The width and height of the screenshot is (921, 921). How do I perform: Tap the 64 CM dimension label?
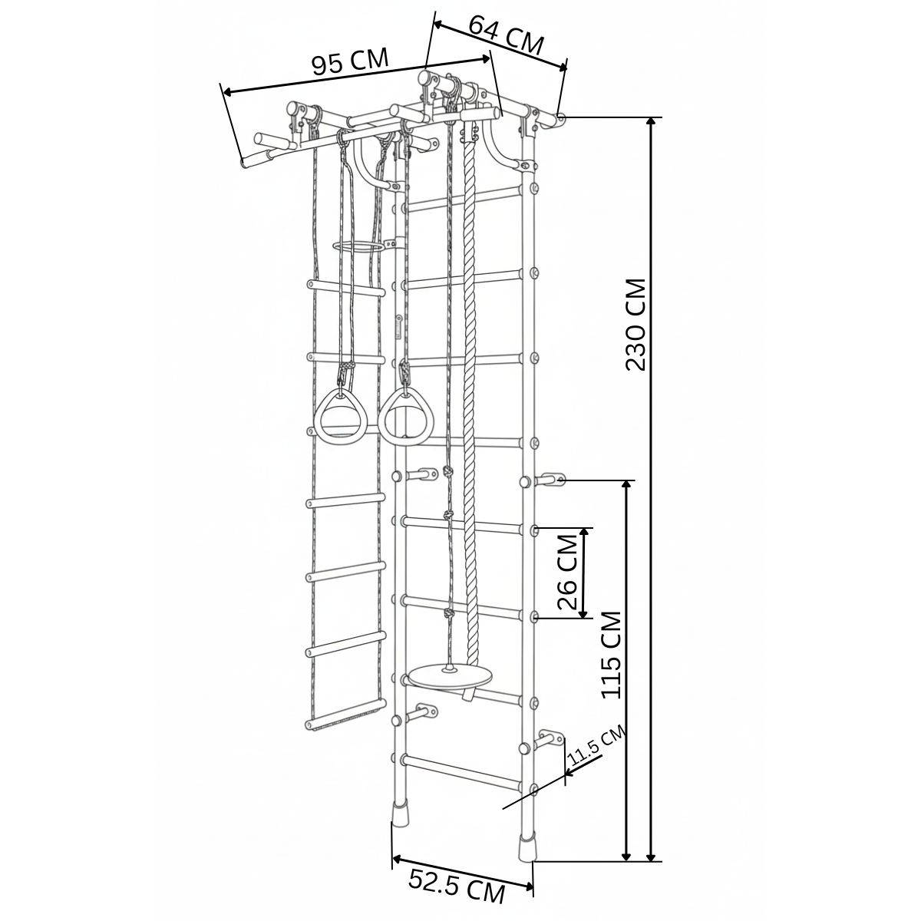[506, 36]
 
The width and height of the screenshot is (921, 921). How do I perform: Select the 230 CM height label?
[635, 325]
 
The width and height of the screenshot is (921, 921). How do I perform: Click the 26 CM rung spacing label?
[568, 572]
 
